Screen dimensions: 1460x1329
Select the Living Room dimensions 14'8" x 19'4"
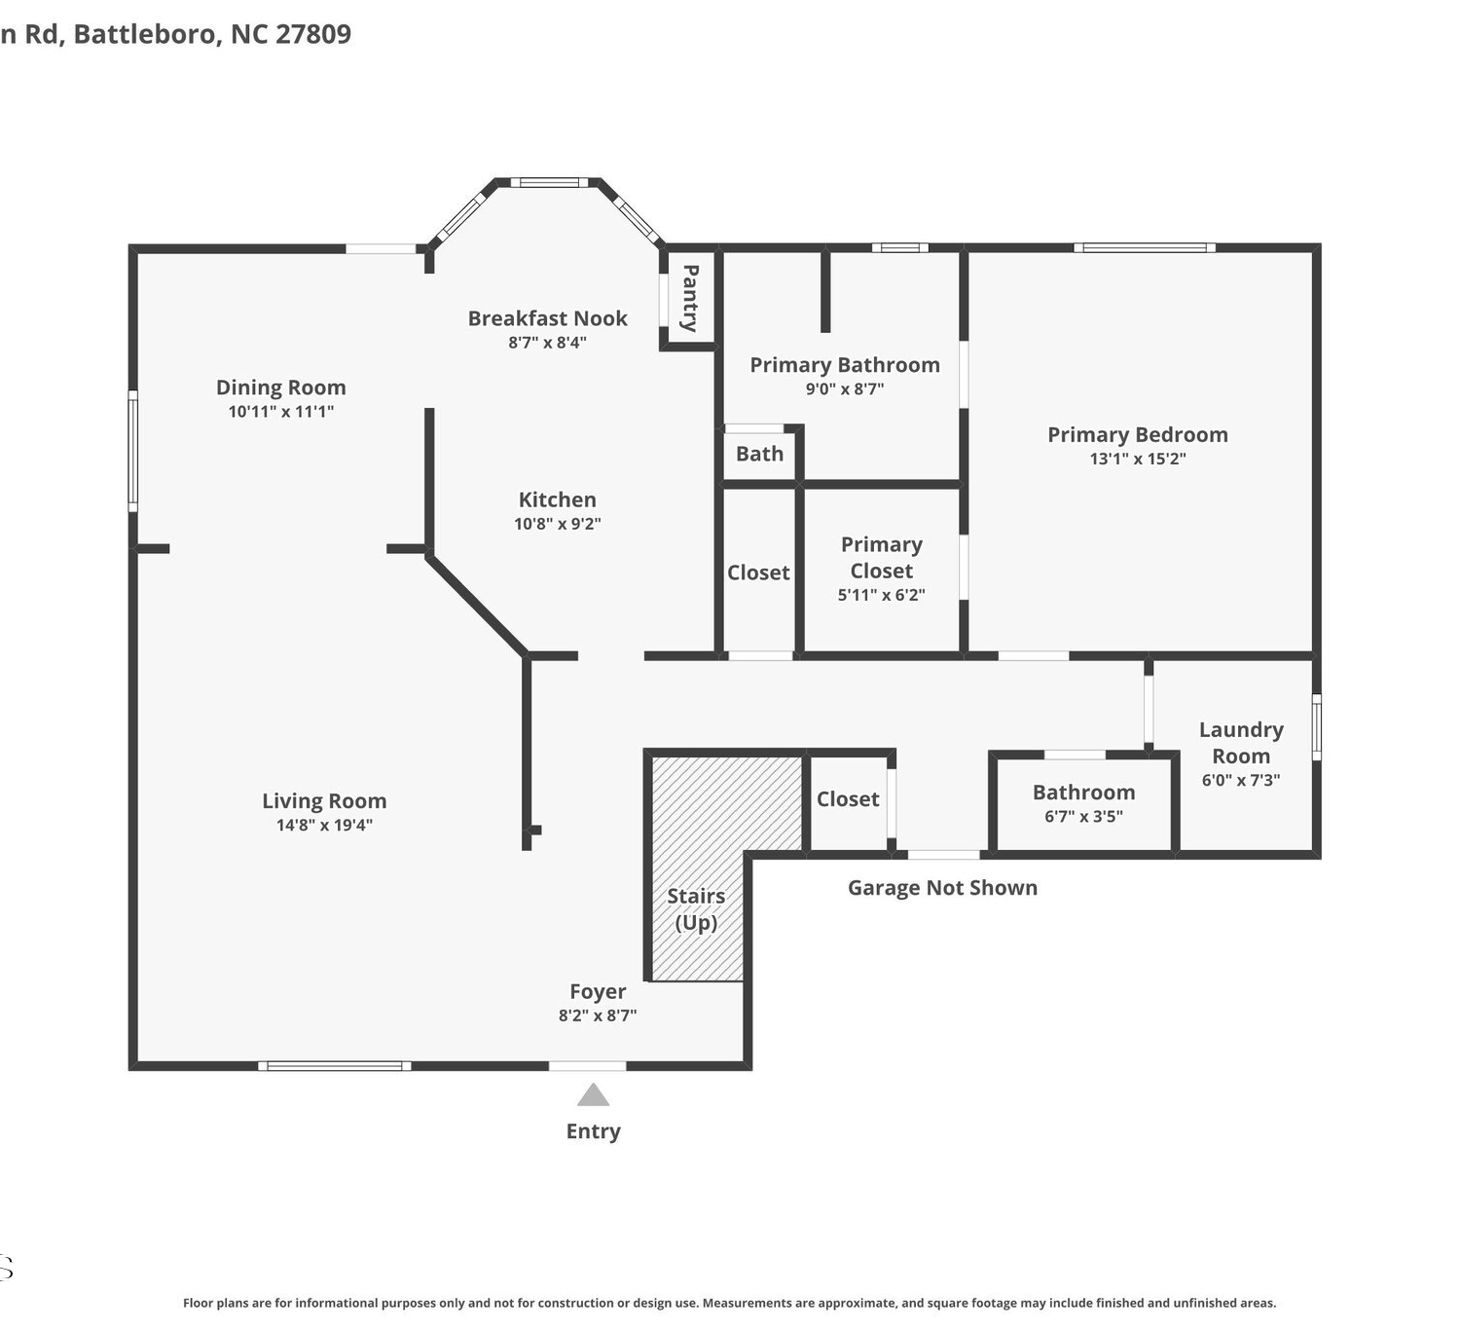(324, 825)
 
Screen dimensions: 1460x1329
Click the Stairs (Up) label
(697, 908)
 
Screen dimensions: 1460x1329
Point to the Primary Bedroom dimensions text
(1138, 459)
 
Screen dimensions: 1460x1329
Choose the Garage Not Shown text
(942, 888)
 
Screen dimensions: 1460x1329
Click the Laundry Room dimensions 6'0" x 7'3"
(1241, 780)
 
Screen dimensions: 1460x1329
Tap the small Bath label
(760, 454)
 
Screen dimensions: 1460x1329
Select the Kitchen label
(558, 499)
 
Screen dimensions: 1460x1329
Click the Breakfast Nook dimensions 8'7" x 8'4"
(547, 343)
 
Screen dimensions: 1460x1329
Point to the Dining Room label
(281, 388)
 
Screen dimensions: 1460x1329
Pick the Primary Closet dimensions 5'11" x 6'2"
(882, 595)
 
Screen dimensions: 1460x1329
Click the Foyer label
(598, 992)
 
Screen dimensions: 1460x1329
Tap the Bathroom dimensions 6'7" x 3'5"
(1083, 816)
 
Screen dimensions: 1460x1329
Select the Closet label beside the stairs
(848, 798)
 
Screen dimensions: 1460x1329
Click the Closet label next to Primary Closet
(758, 572)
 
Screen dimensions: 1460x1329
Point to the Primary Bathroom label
(845, 365)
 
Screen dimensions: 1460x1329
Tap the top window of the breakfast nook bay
(549, 182)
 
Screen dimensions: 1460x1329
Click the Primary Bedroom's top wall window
(1144, 247)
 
